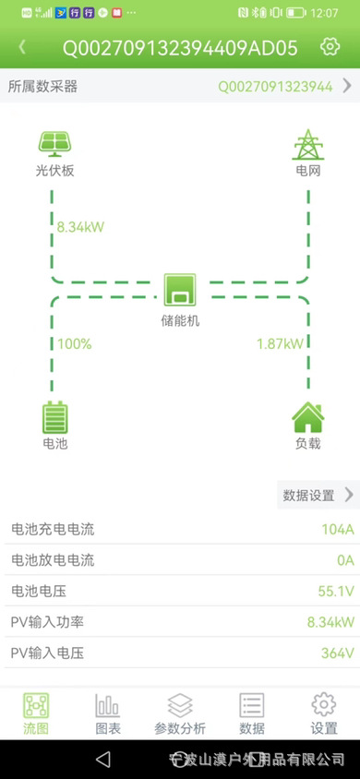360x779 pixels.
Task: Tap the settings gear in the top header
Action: point(330,46)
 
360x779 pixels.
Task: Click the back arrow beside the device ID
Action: point(22,46)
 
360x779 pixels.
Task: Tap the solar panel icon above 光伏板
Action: point(54,144)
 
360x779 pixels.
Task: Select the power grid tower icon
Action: point(307,145)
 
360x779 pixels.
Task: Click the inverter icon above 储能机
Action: point(180,290)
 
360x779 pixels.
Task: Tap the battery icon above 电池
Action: point(55,417)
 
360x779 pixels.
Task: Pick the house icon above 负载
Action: point(307,417)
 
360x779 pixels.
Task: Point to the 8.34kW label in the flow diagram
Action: point(80,226)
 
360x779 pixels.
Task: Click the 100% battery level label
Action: point(75,344)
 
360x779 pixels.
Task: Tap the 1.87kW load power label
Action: point(280,344)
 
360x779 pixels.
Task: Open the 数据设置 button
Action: point(318,495)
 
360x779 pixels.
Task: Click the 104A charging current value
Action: point(337,529)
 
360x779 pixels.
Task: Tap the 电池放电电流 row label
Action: point(52,560)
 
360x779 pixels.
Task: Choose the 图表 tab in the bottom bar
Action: point(108,713)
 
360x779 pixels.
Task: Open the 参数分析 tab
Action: point(180,713)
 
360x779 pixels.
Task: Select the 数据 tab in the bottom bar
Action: point(252,713)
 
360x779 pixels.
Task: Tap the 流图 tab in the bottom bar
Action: point(36,713)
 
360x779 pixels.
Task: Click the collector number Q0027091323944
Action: point(275,87)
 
